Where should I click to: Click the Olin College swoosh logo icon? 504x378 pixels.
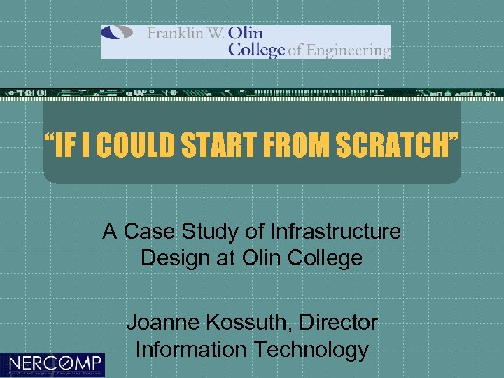click(117, 33)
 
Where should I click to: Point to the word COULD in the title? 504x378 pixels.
click(136, 147)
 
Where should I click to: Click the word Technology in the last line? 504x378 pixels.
click(312, 349)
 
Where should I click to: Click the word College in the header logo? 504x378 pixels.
click(257, 50)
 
